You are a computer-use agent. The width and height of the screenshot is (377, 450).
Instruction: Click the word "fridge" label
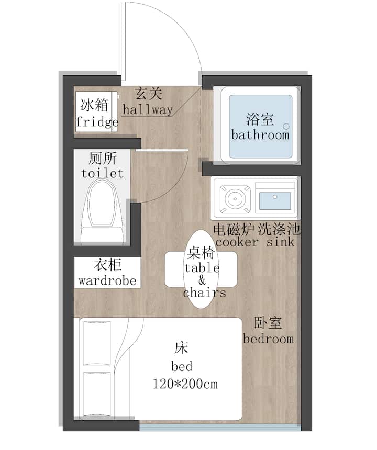97,122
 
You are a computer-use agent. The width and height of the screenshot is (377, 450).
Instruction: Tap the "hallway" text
148,110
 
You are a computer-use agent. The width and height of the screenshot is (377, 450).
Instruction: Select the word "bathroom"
260,135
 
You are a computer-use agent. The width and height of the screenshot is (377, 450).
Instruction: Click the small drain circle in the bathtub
286,126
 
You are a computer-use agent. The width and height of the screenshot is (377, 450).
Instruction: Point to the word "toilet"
103,173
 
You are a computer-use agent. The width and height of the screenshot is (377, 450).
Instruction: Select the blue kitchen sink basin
275,200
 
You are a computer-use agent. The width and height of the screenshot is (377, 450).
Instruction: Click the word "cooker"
237,242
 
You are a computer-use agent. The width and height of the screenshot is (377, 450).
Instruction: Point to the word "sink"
280,242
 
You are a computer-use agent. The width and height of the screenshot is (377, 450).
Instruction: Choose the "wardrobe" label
107,280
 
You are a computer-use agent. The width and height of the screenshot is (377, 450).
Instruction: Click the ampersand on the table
202,280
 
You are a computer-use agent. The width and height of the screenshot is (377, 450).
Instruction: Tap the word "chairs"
204,292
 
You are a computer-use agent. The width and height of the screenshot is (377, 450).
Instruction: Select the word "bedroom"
269,339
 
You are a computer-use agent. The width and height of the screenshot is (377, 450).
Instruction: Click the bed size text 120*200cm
185,384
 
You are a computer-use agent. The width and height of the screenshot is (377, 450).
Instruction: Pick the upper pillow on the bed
97,343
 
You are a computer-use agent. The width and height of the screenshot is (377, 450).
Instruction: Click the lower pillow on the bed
97,393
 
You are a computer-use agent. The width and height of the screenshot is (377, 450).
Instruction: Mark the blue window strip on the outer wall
220,428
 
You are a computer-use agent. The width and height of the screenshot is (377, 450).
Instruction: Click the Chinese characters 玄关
149,94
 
